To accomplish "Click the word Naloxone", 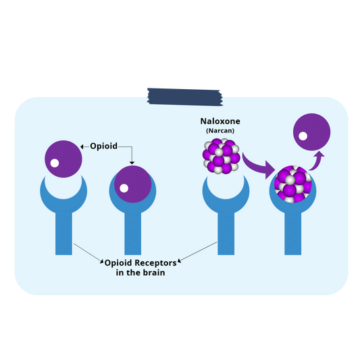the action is point(220,121).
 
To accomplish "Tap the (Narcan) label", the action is point(220,130).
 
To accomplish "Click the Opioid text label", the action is point(104,147).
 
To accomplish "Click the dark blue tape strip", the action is point(185,97).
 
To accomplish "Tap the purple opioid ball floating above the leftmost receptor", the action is point(63,159).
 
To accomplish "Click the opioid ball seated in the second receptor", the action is point(133,184).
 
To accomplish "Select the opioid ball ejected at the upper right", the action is point(312,132).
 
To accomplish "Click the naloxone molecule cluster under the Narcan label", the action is point(222,156).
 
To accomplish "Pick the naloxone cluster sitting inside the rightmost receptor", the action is point(293,184).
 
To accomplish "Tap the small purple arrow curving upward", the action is point(316,161).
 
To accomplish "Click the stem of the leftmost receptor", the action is point(63,234).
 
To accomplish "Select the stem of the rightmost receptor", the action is point(292,234).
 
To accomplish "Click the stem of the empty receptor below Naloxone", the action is point(226,234).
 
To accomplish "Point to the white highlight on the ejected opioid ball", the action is point(303,136).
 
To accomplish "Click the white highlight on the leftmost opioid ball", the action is point(55,163).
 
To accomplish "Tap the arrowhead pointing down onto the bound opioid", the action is point(132,163).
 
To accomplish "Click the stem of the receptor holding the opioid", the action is point(132,234).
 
